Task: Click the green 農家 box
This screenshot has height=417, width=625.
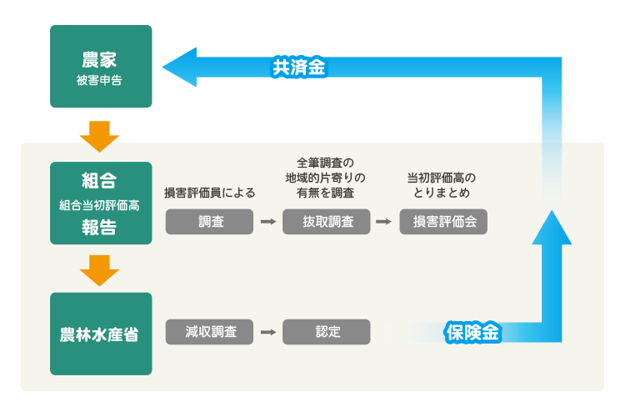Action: point(101,67)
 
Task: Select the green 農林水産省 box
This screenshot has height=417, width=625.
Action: point(101,334)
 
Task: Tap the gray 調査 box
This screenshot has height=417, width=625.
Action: point(208,222)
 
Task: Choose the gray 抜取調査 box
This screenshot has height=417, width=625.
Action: point(326,222)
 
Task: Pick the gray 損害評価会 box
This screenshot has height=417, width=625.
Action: point(442,222)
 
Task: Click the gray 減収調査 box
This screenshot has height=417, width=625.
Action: point(208,332)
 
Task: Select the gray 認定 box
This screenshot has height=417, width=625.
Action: point(326,332)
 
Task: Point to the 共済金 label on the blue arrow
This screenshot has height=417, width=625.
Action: point(298,68)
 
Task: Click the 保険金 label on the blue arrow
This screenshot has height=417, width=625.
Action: point(472,332)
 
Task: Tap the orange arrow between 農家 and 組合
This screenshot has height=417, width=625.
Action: point(100,135)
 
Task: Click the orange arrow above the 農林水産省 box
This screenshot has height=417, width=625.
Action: point(100,269)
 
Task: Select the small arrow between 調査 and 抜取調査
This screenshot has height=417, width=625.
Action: point(267,222)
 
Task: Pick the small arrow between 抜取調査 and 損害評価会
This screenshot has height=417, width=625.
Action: point(383,222)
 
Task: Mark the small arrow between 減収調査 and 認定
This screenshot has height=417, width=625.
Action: point(267,332)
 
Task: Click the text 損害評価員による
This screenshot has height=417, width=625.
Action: point(209,193)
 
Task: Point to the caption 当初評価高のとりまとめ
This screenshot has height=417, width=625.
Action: point(442,185)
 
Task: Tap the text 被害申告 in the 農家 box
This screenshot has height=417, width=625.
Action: point(101,82)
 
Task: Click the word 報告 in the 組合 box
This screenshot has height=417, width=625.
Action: point(100,228)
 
